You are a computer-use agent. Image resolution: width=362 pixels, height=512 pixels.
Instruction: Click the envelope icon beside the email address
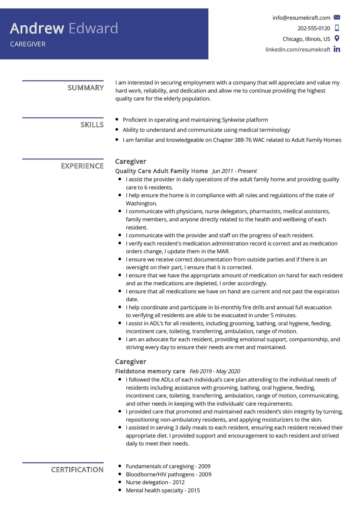tap(337, 17)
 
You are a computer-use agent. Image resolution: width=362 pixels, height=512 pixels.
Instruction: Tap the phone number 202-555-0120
tap(314, 28)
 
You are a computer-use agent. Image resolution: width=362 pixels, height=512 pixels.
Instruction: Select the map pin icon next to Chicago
tap(337, 39)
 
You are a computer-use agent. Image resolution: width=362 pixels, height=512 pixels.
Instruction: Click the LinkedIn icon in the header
tap(337, 49)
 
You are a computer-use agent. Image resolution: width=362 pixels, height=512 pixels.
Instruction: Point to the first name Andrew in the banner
tap(37, 28)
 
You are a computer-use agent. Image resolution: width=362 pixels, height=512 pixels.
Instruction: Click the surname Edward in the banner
tap(93, 28)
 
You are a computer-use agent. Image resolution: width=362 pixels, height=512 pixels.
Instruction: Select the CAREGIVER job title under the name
tap(28, 44)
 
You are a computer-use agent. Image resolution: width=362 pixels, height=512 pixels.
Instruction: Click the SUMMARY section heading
tap(85, 88)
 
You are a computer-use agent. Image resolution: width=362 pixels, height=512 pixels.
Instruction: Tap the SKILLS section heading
tap(92, 125)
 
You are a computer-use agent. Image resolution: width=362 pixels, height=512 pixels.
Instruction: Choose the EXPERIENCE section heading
tap(82, 166)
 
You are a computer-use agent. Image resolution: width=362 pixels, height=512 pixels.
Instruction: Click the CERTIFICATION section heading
tap(77, 469)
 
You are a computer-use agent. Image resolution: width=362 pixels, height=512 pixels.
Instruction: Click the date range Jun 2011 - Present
tap(234, 171)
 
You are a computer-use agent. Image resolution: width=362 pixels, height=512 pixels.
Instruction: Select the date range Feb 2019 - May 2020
tap(215, 371)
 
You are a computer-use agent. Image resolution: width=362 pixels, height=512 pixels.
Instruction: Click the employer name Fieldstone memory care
tap(150, 371)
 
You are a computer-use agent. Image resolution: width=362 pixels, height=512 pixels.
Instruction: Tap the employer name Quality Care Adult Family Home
tap(161, 171)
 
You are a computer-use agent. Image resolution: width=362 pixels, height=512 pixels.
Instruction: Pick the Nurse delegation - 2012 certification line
tap(155, 482)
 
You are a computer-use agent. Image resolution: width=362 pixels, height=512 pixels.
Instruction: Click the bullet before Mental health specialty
tap(120, 490)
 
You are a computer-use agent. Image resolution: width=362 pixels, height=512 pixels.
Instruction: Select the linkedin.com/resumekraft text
tap(298, 49)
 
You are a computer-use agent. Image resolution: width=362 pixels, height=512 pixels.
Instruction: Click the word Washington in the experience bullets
tap(141, 203)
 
